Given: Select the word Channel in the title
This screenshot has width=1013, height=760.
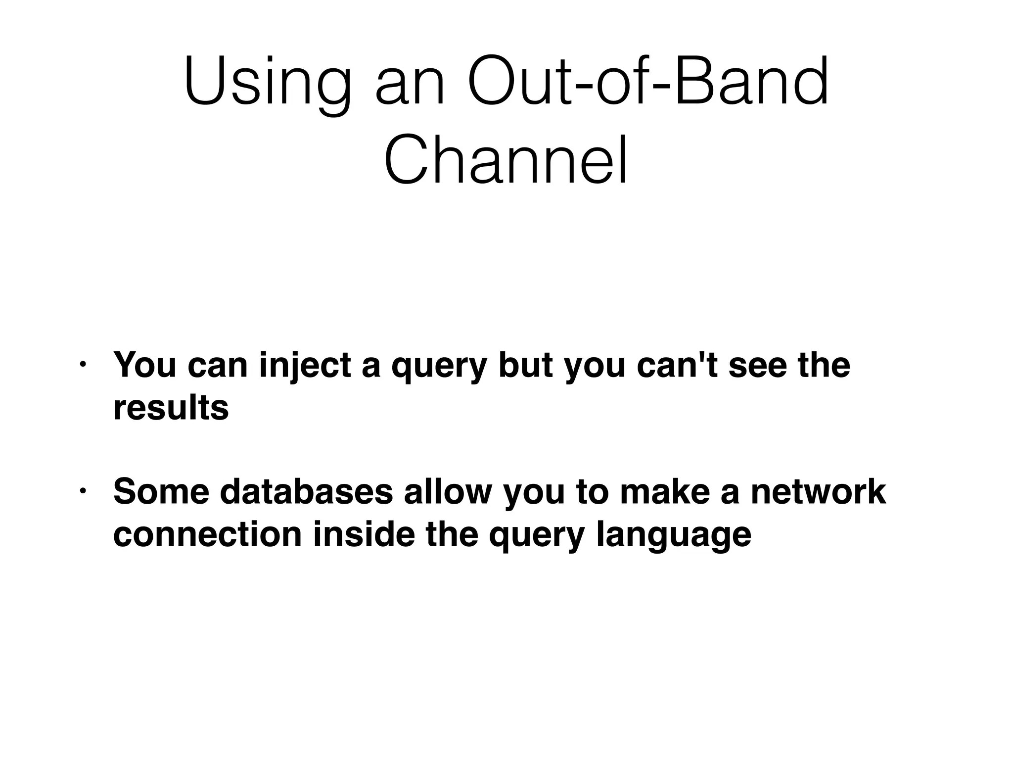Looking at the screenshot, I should (x=506, y=161).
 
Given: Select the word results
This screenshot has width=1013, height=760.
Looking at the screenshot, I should (x=171, y=408).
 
